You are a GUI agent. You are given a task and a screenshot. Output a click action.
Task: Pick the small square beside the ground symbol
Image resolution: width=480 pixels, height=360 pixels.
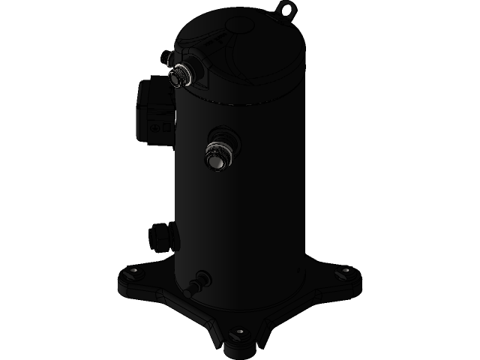click(166, 127)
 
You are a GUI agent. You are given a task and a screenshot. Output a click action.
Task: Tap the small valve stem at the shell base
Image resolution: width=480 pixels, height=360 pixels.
click(196, 286)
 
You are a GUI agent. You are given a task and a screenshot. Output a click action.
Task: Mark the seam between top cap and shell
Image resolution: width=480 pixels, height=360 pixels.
click(247, 102)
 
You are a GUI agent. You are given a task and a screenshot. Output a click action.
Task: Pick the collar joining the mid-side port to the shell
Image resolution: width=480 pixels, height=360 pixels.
click(225, 138)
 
